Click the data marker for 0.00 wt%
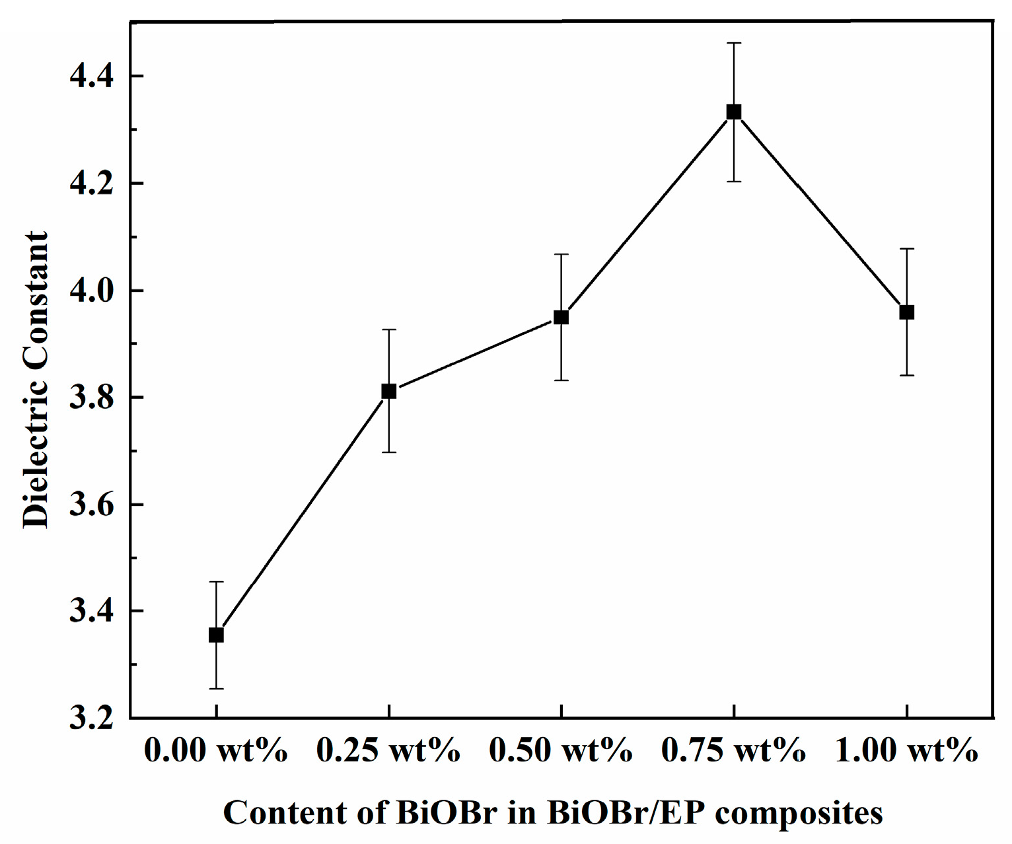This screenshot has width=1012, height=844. point(216,635)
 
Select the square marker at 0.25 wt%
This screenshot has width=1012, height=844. point(389,391)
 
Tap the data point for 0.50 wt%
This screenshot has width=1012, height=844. point(561,317)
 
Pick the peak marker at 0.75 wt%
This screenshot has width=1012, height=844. point(734,112)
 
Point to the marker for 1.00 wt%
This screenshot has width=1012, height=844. point(907,312)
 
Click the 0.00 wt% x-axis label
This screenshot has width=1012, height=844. point(216,751)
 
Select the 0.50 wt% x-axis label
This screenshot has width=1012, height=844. point(561,751)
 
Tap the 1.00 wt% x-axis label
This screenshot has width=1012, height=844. point(907,751)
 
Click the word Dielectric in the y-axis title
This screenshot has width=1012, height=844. point(36,456)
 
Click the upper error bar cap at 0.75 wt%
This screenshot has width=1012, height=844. point(734,43)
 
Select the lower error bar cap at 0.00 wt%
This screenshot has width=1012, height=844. point(216,689)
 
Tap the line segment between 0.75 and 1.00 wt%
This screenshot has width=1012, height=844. point(820,212)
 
